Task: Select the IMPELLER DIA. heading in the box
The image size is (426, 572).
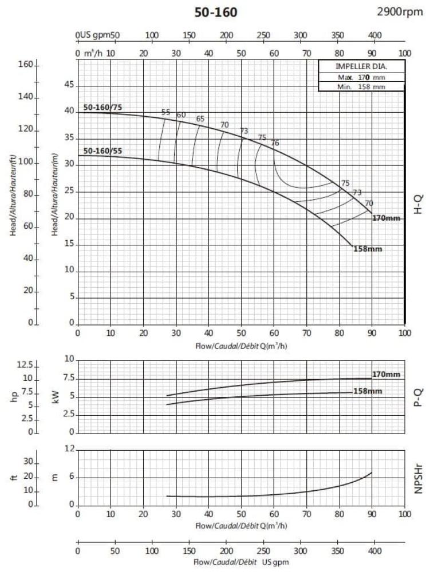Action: click(362, 66)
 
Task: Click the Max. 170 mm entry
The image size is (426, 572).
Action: click(361, 77)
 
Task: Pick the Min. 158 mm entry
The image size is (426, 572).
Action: click(361, 87)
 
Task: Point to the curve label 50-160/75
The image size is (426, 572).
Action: click(102, 107)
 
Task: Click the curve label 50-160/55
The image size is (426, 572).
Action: click(102, 151)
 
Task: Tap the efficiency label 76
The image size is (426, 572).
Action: click(275, 143)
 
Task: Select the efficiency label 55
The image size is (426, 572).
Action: click(166, 112)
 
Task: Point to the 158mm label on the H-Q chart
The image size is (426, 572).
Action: click(368, 249)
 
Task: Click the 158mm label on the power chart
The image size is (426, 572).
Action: click(368, 391)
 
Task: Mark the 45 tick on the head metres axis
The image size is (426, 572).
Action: click(69, 85)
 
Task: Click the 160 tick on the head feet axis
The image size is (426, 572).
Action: click(27, 65)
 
